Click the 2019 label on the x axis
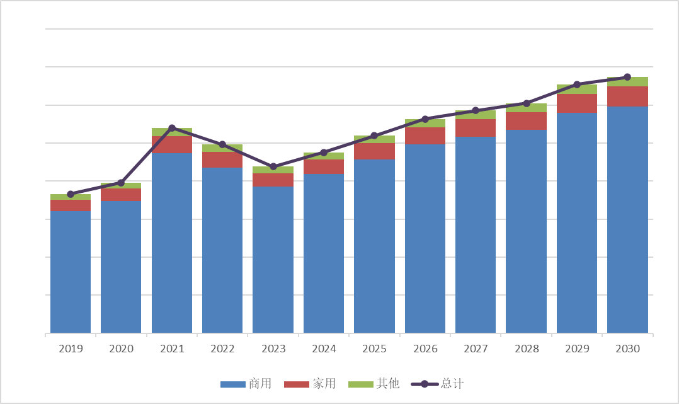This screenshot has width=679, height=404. (71, 349)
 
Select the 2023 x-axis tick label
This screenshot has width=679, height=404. (273, 349)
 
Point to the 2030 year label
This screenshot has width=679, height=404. (627, 349)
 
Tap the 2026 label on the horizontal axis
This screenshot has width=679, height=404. (425, 349)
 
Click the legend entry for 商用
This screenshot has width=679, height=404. (246, 384)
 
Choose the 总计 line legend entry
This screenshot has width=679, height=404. (438, 384)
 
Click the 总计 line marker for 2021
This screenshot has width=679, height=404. (172, 128)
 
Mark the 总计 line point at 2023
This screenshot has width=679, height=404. (273, 166)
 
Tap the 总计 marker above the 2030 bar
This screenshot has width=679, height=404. (627, 77)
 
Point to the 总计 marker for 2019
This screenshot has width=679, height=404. (71, 194)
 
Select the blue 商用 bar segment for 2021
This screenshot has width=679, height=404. (172, 243)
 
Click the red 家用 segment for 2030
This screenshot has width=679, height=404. (627, 96)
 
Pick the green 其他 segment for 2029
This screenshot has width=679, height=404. (577, 89)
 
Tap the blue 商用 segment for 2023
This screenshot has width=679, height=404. (273, 259)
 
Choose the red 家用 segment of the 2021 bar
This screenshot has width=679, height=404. (172, 144)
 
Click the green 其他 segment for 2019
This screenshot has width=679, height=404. (71, 197)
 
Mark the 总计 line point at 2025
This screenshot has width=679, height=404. (374, 136)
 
